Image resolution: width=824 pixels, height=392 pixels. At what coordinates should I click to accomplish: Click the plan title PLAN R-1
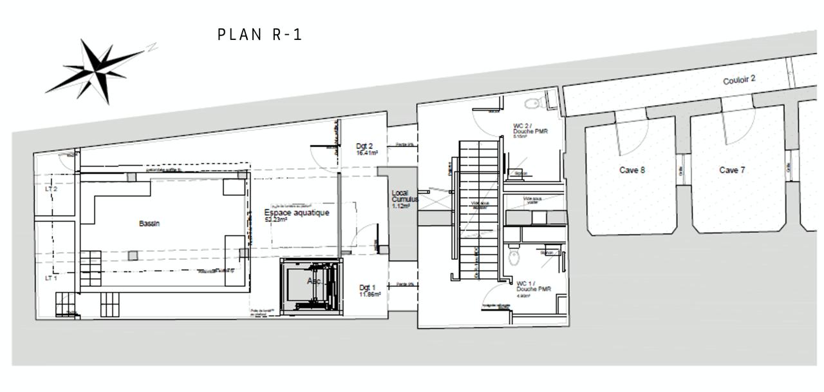pos(259,35)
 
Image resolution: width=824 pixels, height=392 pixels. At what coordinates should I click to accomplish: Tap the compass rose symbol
pos(97,69)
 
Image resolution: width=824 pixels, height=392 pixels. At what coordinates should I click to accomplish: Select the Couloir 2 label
pos(739,81)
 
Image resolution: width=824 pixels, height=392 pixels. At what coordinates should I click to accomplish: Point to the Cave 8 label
pos(632,170)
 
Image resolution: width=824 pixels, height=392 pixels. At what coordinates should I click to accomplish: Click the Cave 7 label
pos(732,170)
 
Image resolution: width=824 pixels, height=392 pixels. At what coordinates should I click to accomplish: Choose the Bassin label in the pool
pos(149,224)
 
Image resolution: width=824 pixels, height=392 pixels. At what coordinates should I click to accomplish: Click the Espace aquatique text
pos(297,213)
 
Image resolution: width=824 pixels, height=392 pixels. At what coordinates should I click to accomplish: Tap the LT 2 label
pos(51,190)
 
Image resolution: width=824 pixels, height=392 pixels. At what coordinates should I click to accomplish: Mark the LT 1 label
pos(51,279)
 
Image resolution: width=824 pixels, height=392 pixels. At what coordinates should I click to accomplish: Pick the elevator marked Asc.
pos(312,287)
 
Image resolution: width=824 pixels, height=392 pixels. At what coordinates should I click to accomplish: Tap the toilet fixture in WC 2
pos(532,103)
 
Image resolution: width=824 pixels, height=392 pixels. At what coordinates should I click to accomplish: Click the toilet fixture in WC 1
pos(513,259)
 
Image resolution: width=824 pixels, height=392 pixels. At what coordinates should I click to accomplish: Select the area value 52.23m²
pos(276,220)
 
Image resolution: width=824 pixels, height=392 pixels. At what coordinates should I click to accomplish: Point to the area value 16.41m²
pos(367,153)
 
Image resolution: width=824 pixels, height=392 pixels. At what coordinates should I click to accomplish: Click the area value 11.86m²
pos(370,295)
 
